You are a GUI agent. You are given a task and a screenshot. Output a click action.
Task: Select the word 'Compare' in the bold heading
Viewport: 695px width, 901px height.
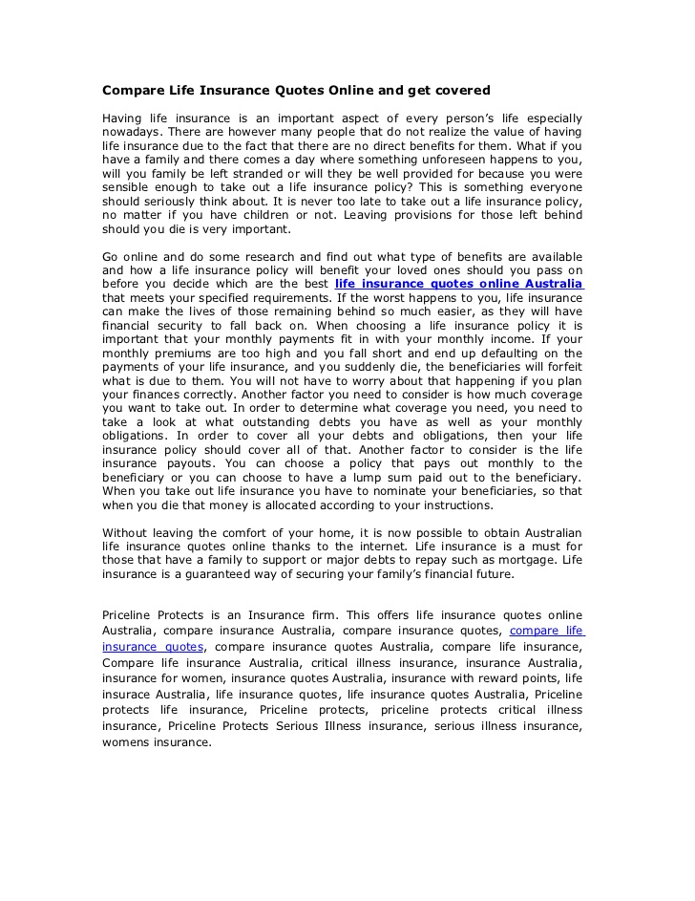pos(132,91)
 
